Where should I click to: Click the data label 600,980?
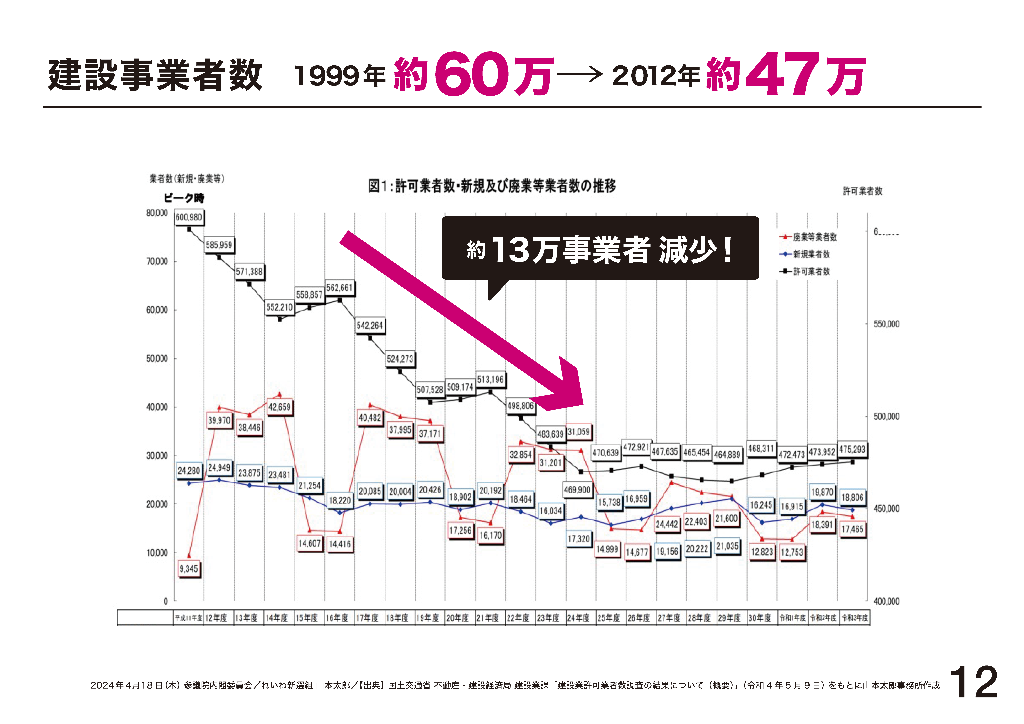click(x=189, y=217)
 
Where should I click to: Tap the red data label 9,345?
click(x=189, y=569)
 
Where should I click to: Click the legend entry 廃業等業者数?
click(x=814, y=237)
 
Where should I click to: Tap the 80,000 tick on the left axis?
click(x=157, y=213)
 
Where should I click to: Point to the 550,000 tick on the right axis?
click(x=886, y=324)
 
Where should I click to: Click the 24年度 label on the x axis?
click(x=578, y=618)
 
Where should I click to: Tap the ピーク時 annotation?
click(x=184, y=198)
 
